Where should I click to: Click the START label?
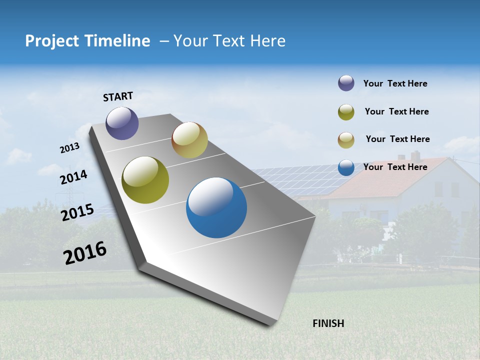pyautogui.click(x=118, y=96)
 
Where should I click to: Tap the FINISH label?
pyautogui.click(x=328, y=323)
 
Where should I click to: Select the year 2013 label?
pyautogui.click(x=69, y=148)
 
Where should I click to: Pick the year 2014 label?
pyautogui.click(x=73, y=177)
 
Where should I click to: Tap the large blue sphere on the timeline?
pyautogui.click(x=216, y=207)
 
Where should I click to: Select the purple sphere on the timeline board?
pyautogui.click(x=122, y=123)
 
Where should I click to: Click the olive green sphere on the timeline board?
pyautogui.click(x=145, y=180)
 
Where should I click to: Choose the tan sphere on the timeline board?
pyautogui.click(x=189, y=140)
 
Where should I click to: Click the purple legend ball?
pyautogui.click(x=346, y=83)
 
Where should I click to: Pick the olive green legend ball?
pyautogui.click(x=346, y=112)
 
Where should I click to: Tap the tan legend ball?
pyautogui.click(x=346, y=140)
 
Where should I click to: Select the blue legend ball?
pyautogui.click(x=346, y=167)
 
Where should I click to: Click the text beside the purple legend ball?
pyautogui.click(x=395, y=84)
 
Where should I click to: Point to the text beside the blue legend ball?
pyautogui.click(x=395, y=167)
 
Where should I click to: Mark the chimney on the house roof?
pyautogui.click(x=415, y=155)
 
